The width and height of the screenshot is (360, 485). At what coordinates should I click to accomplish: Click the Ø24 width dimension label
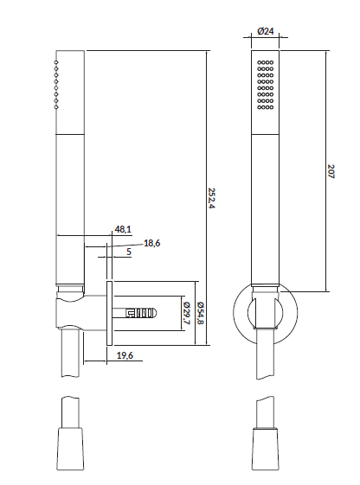point(266,32)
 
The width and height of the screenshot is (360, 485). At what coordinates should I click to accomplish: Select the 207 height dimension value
point(332,170)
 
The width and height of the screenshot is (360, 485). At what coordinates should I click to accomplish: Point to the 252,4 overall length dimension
point(214,198)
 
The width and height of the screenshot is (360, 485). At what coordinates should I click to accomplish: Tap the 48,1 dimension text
point(123,229)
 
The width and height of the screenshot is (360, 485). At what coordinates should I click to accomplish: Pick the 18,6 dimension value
point(152,243)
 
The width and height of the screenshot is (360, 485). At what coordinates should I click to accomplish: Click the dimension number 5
point(128,252)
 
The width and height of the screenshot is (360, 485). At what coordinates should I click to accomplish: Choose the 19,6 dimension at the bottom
point(124,354)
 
